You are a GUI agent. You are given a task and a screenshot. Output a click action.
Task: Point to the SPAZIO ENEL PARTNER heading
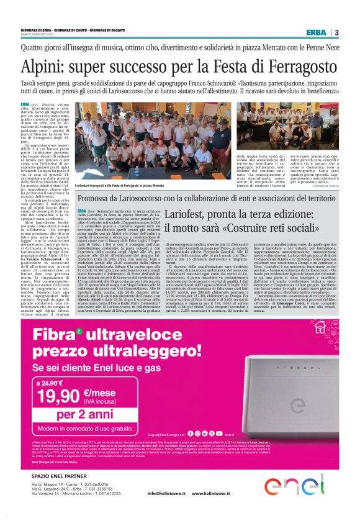click(x=58, y=476)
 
